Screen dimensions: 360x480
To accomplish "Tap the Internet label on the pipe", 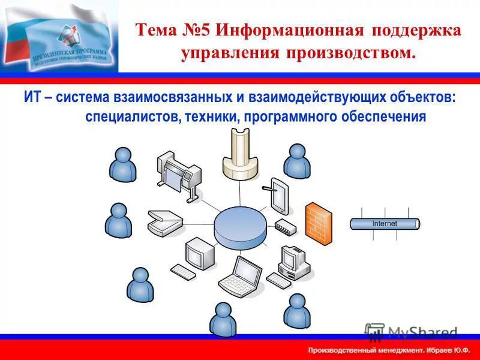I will pos(385,224).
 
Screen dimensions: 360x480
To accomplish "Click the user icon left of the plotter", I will pos(123,164).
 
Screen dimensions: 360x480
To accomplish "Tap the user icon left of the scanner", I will pos(118,220).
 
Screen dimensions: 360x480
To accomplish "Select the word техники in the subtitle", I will pos(211,116).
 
